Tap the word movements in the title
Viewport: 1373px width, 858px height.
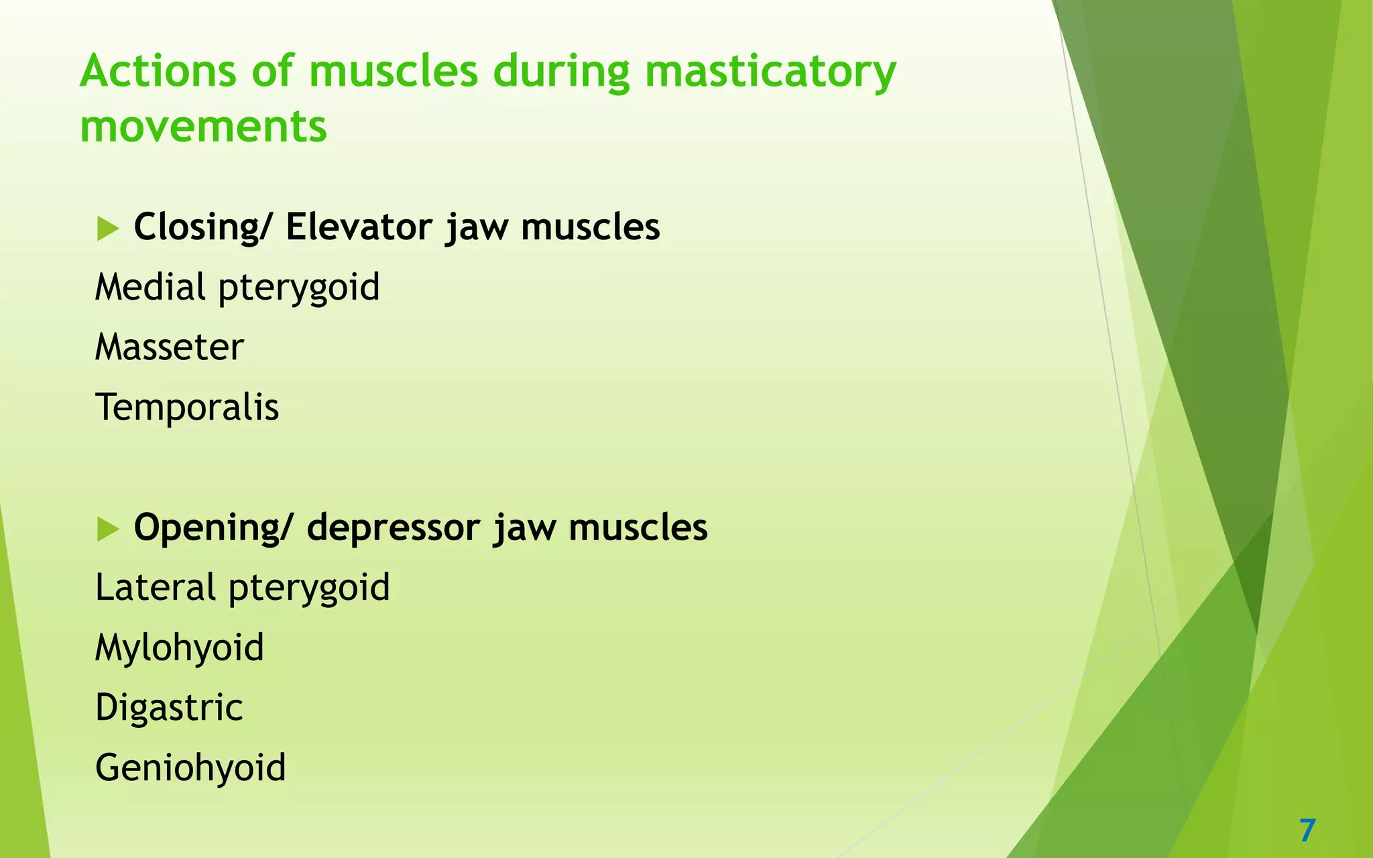203,127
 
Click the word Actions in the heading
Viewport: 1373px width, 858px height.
158,71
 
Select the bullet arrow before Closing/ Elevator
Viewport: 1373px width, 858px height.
107,229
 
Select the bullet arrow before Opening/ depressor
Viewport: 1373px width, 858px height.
107,529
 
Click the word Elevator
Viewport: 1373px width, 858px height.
359,227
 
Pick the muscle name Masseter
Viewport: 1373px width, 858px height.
169,347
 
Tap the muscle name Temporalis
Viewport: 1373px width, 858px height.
187,408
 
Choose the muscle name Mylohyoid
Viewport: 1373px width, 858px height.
180,648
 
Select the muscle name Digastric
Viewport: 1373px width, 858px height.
169,708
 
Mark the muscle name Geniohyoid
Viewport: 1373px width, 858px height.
190,768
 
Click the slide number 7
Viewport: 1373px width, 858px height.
1307,831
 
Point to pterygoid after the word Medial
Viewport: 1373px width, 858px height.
298,288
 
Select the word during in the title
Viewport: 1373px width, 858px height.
561,71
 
